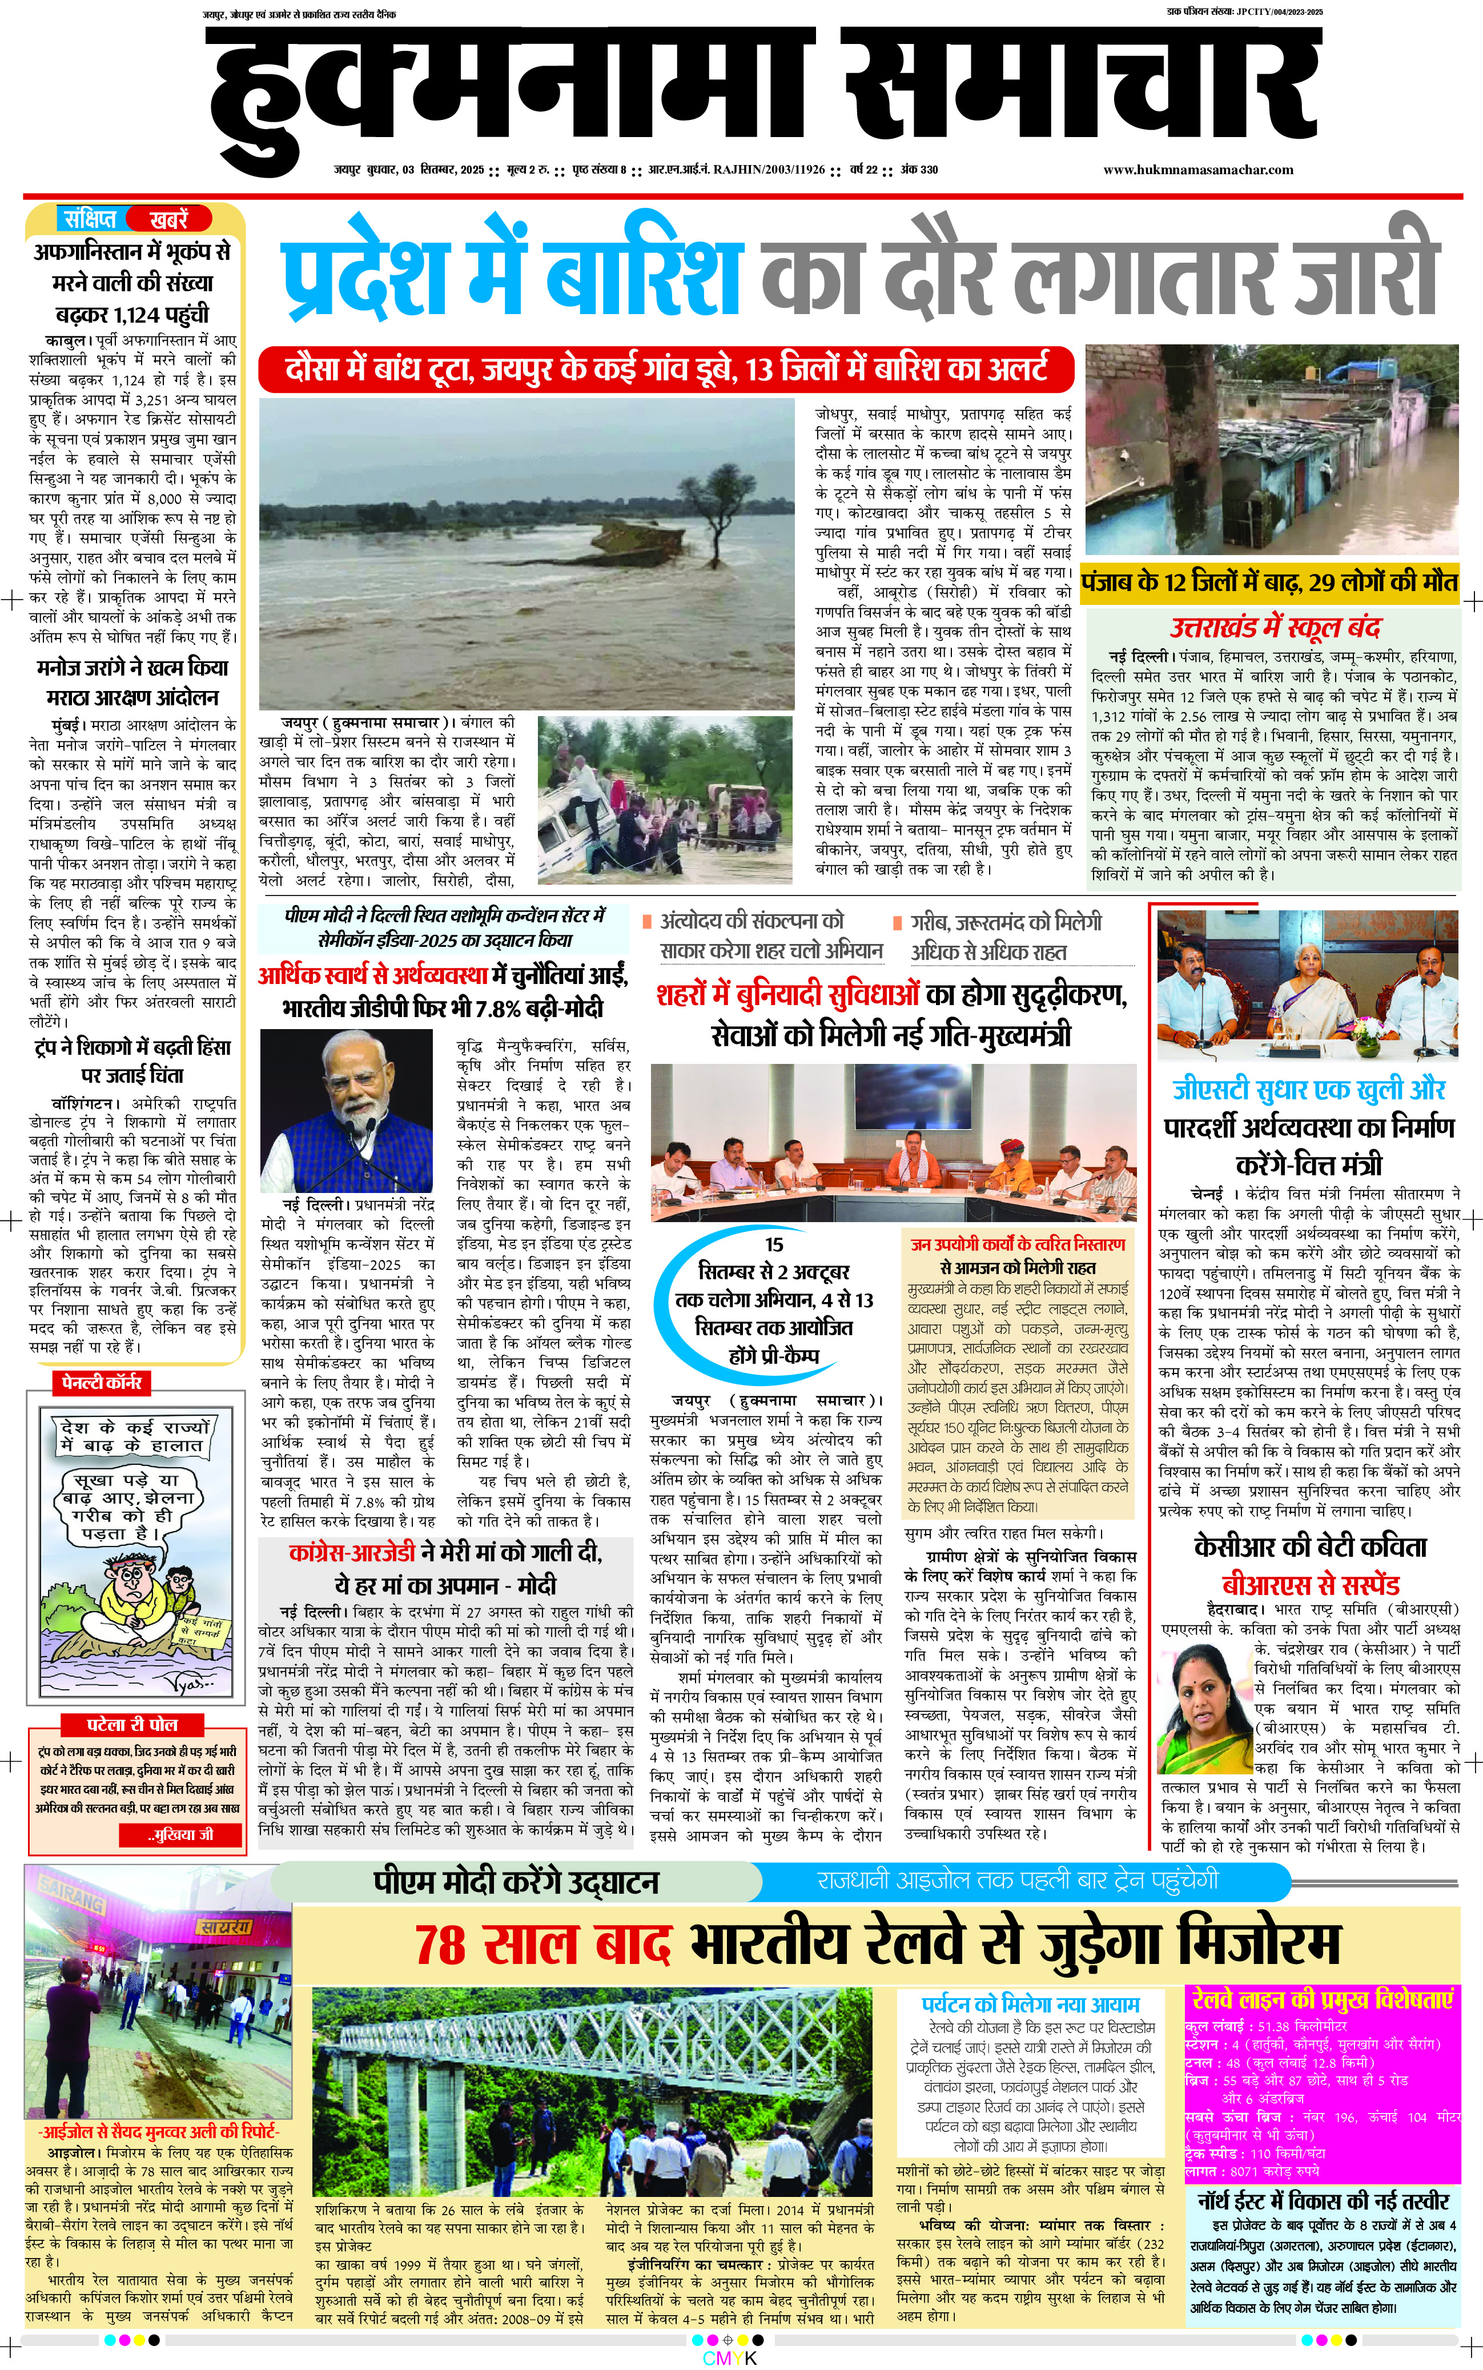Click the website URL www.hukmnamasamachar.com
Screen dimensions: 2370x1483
1197,170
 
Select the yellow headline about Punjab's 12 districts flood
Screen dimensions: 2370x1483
1269,582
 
